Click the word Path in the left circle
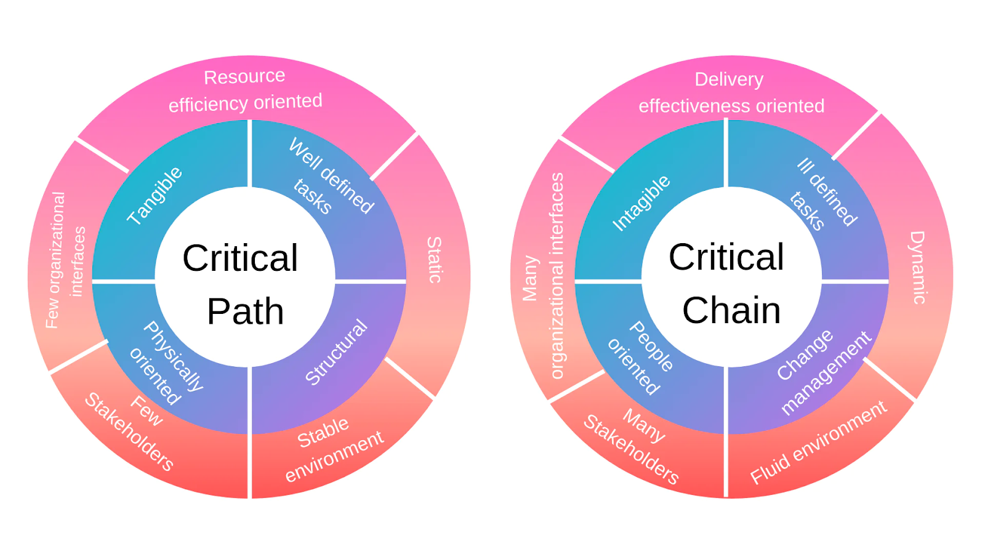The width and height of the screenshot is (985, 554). point(245,311)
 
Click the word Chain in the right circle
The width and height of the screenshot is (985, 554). point(731,310)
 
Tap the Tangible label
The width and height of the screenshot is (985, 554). point(155,195)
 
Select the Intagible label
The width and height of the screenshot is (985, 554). point(641,203)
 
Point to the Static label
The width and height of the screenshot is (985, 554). point(434,260)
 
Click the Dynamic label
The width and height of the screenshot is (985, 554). point(918,267)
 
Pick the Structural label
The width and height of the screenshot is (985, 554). point(336,352)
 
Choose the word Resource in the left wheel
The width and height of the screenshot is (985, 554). point(244,77)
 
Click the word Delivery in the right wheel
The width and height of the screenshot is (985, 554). point(729,79)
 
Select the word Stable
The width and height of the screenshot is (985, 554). point(323,433)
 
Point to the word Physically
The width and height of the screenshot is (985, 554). point(174,356)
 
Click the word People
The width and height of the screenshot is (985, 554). point(651,347)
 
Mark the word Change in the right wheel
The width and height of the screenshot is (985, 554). point(805,355)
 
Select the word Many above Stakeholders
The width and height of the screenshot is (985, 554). point(644,425)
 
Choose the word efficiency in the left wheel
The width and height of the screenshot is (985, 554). point(199,105)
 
